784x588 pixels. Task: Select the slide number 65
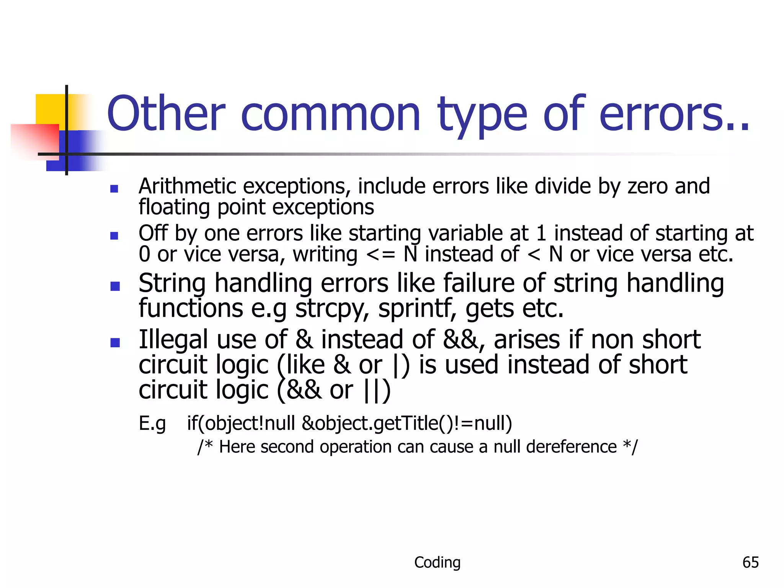[x=750, y=562]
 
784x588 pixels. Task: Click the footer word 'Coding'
[x=437, y=562]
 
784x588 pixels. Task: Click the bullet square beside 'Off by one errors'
[x=114, y=235]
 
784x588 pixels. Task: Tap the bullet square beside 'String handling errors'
[x=115, y=286]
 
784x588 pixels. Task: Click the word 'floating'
[x=174, y=207]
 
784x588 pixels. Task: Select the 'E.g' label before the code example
[x=152, y=424]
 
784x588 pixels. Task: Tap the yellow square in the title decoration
[x=50, y=109]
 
